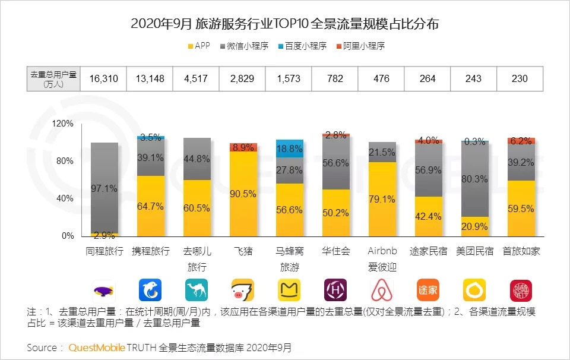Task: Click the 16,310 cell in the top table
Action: [103, 79]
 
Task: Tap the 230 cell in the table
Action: [521, 79]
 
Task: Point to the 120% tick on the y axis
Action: [63, 124]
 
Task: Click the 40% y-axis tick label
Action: [65, 198]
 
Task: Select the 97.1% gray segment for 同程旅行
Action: [104, 188]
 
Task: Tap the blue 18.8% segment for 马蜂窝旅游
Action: [289, 148]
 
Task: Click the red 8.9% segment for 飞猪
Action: [243, 147]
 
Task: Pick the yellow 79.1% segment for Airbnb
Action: [382, 199]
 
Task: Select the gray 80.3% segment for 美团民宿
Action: [474, 179]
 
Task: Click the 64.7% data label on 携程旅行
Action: [150, 206]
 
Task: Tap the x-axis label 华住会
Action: [335, 251]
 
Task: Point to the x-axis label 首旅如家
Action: [521, 251]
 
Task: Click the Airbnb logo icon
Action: [382, 290]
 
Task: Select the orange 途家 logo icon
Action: [428, 290]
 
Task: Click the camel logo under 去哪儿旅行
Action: [197, 290]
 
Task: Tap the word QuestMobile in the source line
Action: [96, 348]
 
